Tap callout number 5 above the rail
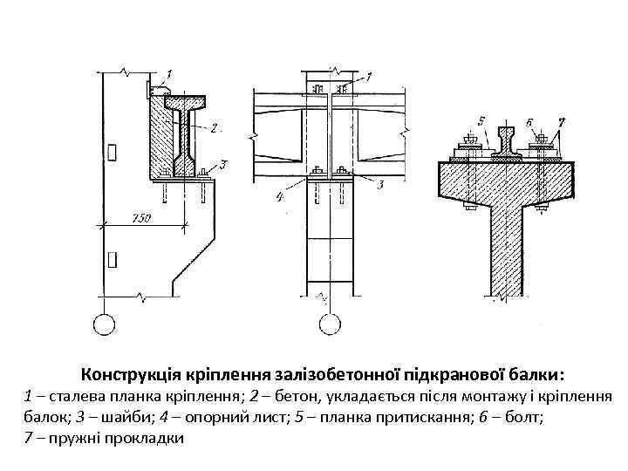coord(481,120)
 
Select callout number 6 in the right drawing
coord(529,120)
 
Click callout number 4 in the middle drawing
coord(280,198)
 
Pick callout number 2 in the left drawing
coord(213,127)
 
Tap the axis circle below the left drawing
coord(104,324)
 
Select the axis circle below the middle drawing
coord(330,324)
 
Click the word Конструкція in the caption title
coord(127,376)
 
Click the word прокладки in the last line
coord(143,438)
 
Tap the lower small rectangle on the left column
coord(112,258)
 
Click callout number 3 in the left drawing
coord(224,164)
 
